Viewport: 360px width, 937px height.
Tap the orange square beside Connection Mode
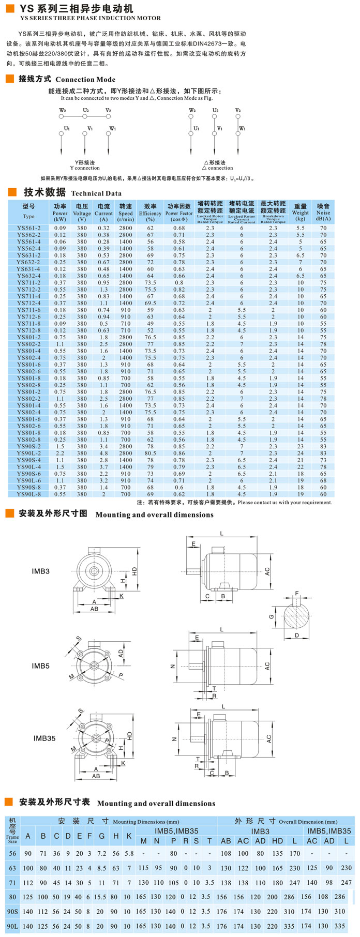click(x=9, y=79)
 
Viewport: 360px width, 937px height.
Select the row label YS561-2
click(x=28, y=228)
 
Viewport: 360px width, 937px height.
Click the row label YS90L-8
click(x=28, y=494)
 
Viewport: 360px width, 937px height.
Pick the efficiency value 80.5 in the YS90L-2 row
click(x=150, y=454)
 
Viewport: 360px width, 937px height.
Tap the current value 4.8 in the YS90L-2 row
click(x=103, y=454)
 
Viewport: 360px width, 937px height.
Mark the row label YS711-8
click(x=28, y=324)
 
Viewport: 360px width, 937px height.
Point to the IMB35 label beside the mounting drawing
click(x=44, y=738)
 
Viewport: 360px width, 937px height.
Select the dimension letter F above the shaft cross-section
click(x=297, y=593)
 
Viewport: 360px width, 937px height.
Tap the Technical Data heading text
click(x=96, y=193)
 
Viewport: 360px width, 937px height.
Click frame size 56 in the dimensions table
click(x=12, y=854)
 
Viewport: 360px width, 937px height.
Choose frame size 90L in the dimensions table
click(x=12, y=926)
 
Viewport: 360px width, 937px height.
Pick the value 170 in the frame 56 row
click(x=295, y=854)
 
